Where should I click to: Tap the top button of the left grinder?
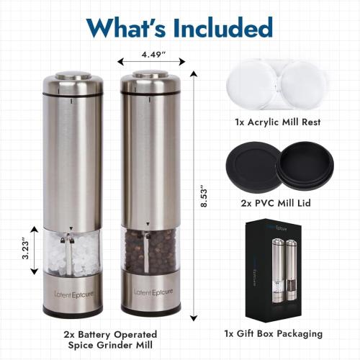[71, 73]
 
